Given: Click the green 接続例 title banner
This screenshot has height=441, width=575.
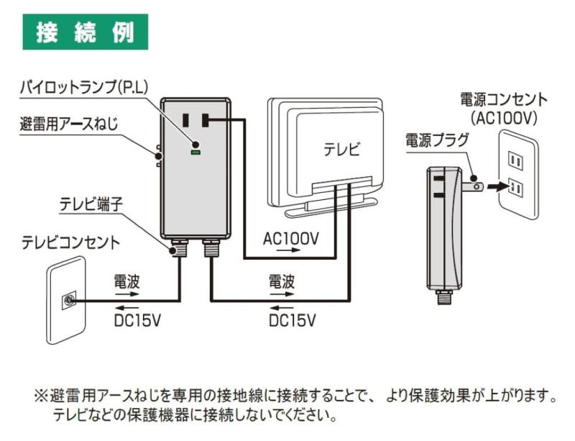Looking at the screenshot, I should [x=86, y=32].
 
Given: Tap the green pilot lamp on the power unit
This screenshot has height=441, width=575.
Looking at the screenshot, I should [x=194, y=152].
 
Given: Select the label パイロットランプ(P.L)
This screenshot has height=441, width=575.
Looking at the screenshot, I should [x=83, y=88].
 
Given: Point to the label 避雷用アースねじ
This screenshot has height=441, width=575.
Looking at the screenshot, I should [x=69, y=123].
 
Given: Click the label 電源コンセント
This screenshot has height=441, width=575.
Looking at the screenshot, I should [x=504, y=99].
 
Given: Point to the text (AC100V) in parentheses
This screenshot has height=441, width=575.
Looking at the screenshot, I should [x=503, y=117].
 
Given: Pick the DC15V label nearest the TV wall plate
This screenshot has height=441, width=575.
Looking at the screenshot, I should [x=137, y=319].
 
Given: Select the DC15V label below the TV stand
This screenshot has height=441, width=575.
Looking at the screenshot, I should [x=292, y=319].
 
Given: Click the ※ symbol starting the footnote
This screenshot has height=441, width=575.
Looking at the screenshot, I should [x=40, y=396].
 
